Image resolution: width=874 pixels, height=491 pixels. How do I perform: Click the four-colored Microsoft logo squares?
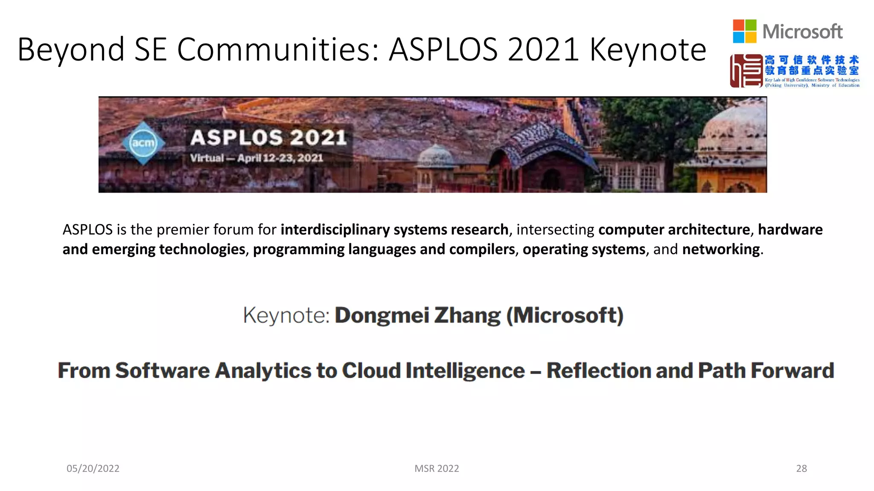click(744, 31)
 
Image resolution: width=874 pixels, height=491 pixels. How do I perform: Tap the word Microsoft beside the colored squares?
click(802, 32)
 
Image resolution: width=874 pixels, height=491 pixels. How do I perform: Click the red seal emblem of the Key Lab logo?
click(746, 71)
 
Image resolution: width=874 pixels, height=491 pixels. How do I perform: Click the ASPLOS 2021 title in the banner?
click(268, 138)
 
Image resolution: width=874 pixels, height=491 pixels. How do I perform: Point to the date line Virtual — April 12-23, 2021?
click(256, 158)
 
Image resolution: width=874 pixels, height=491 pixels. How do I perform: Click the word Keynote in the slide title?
click(648, 50)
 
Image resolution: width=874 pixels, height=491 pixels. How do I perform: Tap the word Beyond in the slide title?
click(71, 50)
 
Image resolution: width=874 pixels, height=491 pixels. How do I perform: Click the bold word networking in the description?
click(721, 249)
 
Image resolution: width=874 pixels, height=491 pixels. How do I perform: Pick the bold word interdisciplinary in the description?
click(335, 230)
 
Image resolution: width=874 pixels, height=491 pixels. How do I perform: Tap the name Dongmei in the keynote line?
click(382, 315)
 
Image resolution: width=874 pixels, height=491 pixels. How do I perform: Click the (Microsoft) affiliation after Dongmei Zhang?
click(565, 315)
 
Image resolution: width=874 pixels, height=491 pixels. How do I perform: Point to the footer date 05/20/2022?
click(93, 468)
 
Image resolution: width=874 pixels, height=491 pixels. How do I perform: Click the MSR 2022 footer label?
click(437, 468)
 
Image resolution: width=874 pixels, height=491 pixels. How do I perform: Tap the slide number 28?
click(801, 468)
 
